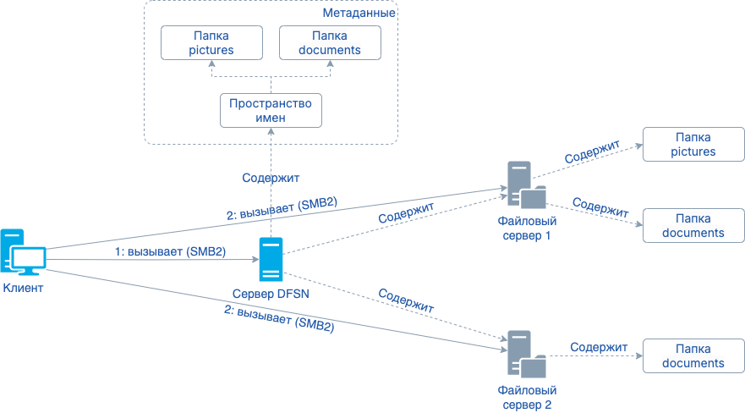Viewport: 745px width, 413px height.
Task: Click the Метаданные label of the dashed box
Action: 359,13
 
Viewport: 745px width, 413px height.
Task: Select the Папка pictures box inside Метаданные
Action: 211,43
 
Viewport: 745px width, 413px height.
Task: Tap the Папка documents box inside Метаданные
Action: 330,43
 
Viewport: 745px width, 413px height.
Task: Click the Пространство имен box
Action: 271,111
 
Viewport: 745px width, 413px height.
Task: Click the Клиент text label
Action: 23,288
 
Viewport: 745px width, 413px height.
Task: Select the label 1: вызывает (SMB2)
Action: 170,251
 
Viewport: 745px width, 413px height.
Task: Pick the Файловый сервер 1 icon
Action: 525,184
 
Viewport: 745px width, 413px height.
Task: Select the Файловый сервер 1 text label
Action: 525,228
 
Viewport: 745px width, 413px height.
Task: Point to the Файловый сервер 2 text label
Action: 525,397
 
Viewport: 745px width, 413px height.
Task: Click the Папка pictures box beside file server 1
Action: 693,145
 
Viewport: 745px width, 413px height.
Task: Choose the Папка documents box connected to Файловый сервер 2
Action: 693,356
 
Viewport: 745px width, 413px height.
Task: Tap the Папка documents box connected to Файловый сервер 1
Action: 693,226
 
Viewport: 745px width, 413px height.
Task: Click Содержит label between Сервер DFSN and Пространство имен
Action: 271,178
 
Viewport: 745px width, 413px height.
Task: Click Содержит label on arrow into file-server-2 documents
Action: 599,347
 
